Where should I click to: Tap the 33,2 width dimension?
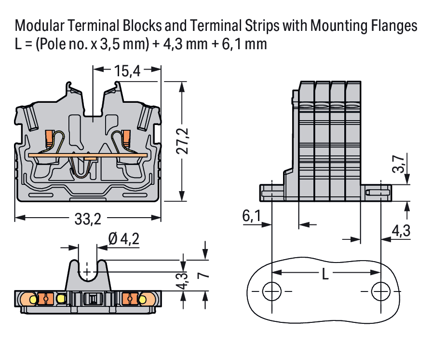pyautogui.click(x=88, y=219)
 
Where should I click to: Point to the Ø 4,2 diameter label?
pyautogui.click(x=124, y=238)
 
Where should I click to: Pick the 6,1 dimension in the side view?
pyautogui.click(x=251, y=217)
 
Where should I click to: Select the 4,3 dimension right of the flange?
pyautogui.click(x=401, y=231)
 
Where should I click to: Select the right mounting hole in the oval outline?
pyautogui.click(x=381, y=291)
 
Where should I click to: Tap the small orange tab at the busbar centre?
pyautogui.click(x=90, y=157)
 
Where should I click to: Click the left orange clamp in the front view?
pyautogui.click(x=49, y=138)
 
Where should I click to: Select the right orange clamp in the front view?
pyautogui.click(x=127, y=138)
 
